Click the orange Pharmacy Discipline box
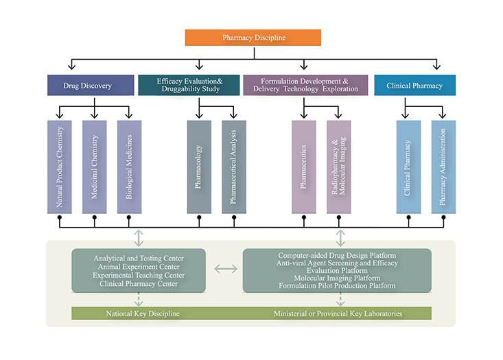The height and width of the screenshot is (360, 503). (253, 37)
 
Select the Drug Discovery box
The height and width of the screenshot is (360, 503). (89, 86)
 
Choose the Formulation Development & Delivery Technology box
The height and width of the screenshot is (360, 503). (305, 85)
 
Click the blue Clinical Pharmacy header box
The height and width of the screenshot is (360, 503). (414, 86)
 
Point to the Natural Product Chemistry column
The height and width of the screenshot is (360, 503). (60, 167)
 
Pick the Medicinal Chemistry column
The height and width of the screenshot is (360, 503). (95, 167)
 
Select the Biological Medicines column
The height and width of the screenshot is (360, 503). (129, 167)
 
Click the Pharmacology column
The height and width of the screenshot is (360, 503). (199, 167)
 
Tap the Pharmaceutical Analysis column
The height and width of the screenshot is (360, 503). (234, 167)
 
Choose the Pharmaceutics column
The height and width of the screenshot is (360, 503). (303, 167)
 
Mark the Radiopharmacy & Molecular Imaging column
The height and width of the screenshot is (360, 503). (339, 167)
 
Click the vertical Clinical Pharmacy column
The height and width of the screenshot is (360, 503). (408, 167)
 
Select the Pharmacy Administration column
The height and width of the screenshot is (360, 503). (443, 167)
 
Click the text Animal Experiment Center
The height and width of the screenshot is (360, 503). (139, 267)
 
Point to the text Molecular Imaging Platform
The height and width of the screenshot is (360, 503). (337, 278)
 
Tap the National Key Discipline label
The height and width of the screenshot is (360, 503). (143, 313)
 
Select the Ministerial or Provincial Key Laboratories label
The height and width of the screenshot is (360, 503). (338, 313)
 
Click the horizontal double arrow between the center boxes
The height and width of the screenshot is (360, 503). (226, 269)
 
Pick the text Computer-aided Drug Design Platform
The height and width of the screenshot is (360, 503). (337, 255)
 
